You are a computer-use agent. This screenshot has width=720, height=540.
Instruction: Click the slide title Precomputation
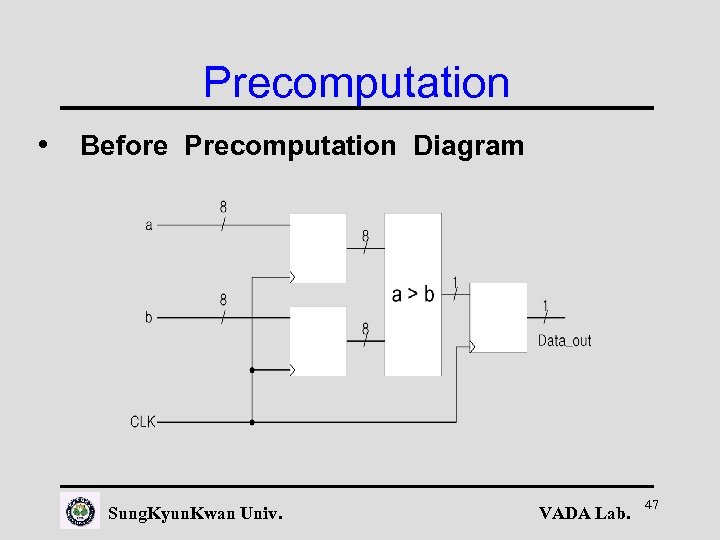(356, 82)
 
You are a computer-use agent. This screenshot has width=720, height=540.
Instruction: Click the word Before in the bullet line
(124, 146)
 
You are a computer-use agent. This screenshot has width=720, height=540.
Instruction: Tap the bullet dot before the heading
(42, 143)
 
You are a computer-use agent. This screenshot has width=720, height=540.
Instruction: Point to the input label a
(149, 225)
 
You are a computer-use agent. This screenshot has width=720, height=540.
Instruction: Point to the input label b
(149, 317)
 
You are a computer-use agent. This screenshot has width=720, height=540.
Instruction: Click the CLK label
(143, 422)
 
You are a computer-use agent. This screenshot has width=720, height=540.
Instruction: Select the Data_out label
(564, 341)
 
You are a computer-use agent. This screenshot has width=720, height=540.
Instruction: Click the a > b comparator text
(413, 294)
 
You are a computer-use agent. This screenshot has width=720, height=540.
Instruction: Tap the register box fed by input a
(318, 248)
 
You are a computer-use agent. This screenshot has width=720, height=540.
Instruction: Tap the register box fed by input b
(318, 341)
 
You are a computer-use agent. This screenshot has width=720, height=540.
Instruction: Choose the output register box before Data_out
(498, 317)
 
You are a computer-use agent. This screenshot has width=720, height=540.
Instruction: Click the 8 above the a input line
(223, 207)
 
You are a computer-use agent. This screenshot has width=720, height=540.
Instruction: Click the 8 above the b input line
(223, 299)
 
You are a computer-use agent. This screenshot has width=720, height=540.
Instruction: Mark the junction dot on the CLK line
(252, 422)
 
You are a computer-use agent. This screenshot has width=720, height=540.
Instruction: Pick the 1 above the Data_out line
(545, 304)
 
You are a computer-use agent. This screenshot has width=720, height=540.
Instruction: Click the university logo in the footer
(80, 511)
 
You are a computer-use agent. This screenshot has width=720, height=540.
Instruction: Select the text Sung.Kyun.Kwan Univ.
(194, 514)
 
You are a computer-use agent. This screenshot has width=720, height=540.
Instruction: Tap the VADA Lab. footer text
(584, 514)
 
